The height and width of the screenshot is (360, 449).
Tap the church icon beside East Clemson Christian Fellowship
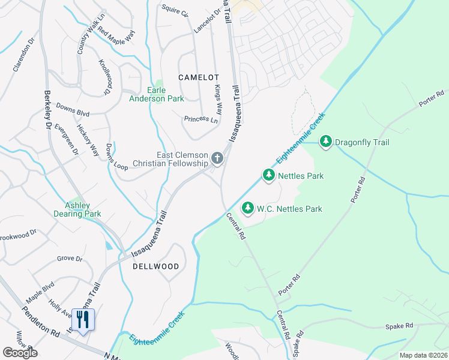(x=217, y=159)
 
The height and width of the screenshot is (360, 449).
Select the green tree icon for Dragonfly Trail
(x=326, y=142)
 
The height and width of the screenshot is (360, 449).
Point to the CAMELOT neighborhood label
(x=199, y=77)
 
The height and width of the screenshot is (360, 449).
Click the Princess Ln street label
(x=201, y=119)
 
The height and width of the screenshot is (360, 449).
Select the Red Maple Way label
(x=116, y=37)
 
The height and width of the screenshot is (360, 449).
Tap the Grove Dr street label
(x=70, y=259)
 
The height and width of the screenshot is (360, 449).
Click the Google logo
(x=20, y=352)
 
